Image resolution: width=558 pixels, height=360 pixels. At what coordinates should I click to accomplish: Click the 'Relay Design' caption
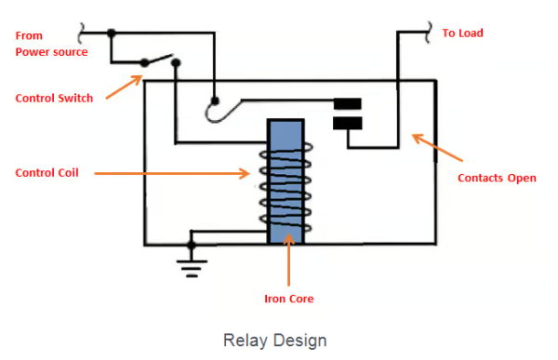coord(275,340)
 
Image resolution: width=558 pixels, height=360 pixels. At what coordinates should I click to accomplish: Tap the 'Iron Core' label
coord(288,299)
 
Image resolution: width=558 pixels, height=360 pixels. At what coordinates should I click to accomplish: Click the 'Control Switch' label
coord(55,98)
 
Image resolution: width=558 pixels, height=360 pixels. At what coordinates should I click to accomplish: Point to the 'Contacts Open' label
coord(498,178)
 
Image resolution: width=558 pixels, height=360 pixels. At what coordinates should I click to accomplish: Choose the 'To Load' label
coord(462,33)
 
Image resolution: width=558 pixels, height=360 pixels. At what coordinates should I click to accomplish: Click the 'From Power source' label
coord(51,44)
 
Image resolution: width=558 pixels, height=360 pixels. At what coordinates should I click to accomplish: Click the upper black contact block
coord(347,103)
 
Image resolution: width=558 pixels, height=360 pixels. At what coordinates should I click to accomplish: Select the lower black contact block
coord(347,123)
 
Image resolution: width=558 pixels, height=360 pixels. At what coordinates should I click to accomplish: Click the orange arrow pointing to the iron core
coord(289,260)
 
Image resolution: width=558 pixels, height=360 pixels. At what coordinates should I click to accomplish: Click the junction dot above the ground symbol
coord(193,245)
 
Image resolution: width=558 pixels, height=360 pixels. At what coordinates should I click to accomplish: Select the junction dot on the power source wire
coord(112,33)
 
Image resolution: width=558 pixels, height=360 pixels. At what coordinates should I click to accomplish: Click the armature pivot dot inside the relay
coord(215,100)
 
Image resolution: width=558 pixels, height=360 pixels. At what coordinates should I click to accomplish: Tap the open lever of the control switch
coord(161,60)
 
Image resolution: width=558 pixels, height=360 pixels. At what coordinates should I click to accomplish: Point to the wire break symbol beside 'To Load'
coord(431,33)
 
